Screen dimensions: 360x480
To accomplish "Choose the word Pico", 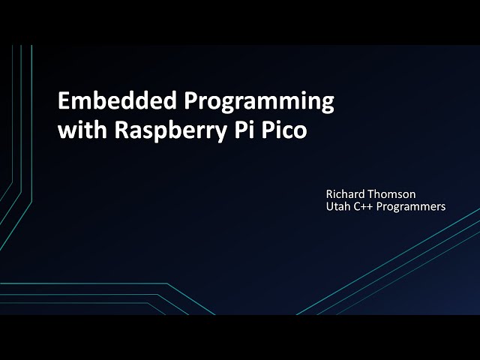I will (x=280, y=130).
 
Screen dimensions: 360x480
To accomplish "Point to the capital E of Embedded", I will (x=64, y=102).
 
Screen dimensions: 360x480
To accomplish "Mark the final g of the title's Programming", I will (x=327, y=105).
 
